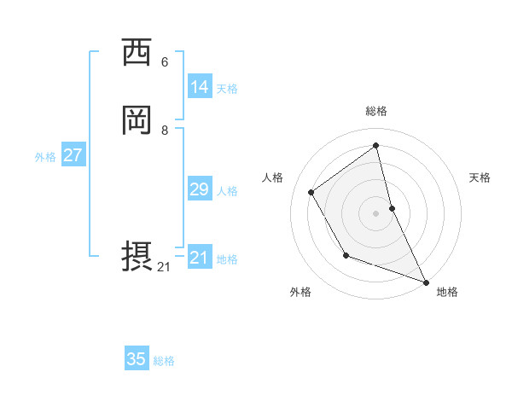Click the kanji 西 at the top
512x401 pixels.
(137, 52)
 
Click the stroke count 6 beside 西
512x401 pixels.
(165, 62)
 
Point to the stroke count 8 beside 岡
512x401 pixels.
(165, 131)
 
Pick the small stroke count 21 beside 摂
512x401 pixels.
(164, 267)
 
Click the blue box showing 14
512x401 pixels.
(199, 87)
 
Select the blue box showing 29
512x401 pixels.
(199, 189)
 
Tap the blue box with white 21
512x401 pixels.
(199, 258)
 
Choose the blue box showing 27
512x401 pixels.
(73, 155)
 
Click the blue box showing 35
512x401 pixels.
(137, 359)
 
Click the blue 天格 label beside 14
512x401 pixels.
(227, 89)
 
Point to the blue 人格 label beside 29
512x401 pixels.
(227, 191)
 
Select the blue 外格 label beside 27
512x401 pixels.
(45, 157)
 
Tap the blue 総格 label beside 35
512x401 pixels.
(164, 361)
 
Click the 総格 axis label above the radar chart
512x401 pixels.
(376, 111)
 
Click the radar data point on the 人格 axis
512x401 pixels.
(311, 192)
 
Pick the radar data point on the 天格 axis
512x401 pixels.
(392, 208)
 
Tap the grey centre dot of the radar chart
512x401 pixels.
(376, 212)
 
